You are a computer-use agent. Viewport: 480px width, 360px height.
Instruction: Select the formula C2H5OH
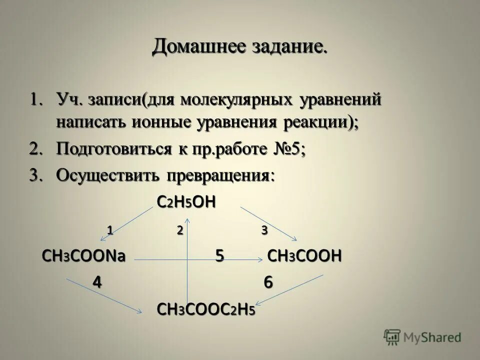tap(186, 202)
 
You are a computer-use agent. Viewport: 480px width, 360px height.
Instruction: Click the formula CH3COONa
tap(83, 256)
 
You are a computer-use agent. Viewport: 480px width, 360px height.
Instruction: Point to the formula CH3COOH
tap(305, 256)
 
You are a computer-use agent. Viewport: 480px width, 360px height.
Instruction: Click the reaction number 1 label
tap(109, 230)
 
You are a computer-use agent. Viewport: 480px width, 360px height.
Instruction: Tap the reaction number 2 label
tap(178, 230)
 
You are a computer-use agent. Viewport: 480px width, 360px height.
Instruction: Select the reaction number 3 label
tap(264, 230)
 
